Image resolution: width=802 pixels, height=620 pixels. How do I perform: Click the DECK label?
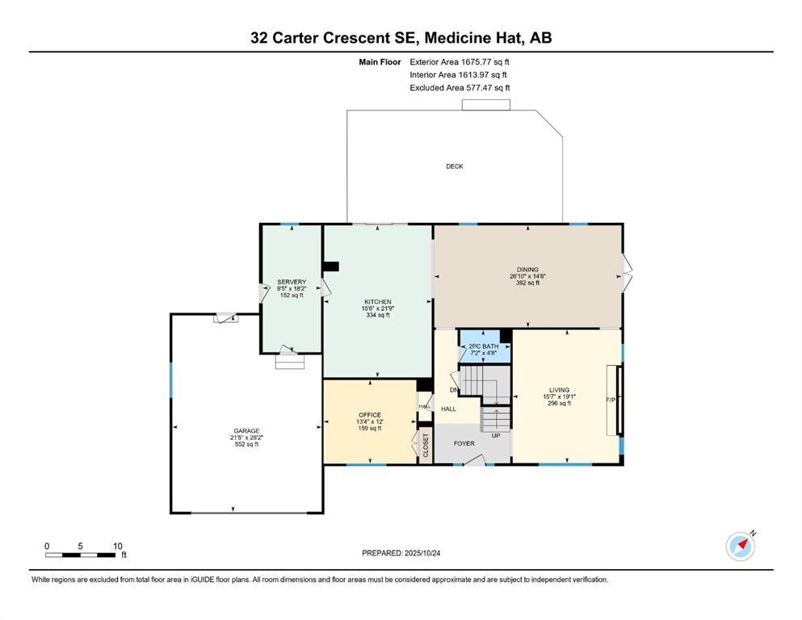coord(455,166)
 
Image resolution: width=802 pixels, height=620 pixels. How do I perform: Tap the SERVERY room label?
coord(292,282)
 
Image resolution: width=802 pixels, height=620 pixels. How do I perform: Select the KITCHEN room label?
coord(377,301)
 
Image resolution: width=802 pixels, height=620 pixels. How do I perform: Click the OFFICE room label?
coord(369,415)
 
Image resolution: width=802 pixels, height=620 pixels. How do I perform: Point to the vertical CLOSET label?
coord(426,446)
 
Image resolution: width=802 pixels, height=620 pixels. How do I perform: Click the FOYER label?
coord(464,443)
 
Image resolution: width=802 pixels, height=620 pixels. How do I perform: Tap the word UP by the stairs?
coord(496,435)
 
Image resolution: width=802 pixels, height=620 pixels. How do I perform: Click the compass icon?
coord(741,547)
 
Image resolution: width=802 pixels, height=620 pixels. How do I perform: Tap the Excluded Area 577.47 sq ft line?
coord(460,88)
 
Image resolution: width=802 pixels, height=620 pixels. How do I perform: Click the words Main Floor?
coord(380,61)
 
